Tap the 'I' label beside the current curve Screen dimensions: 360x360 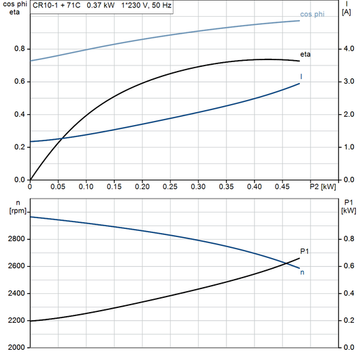(x=301, y=76)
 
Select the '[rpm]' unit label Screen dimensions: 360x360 (x=16, y=211)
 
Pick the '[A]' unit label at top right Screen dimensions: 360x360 (x=346, y=12)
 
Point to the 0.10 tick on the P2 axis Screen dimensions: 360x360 (x=86, y=185)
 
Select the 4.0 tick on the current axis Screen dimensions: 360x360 (x=347, y=49)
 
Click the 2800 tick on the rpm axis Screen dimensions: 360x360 (x=16, y=239)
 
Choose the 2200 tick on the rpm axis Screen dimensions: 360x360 (x=16, y=320)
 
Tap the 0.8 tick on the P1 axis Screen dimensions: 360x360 (x=347, y=239)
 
